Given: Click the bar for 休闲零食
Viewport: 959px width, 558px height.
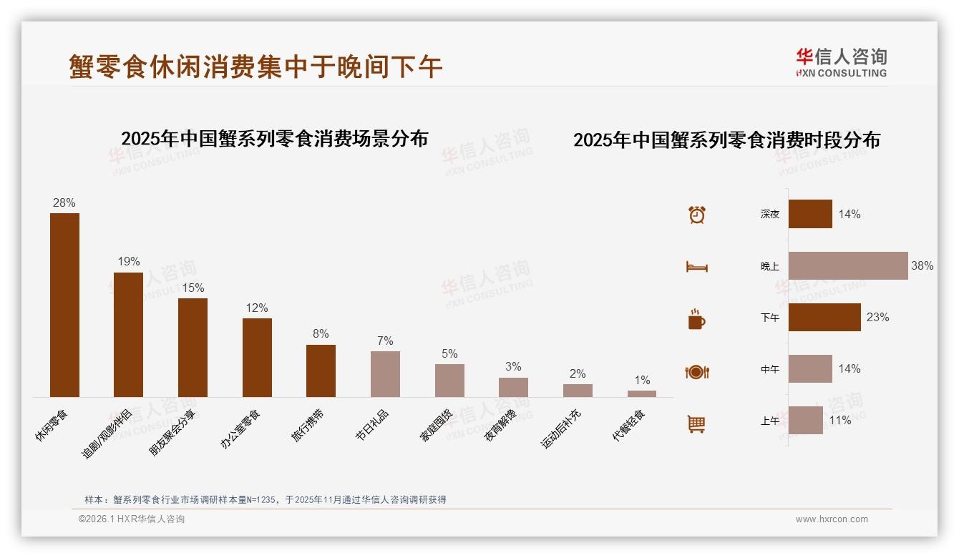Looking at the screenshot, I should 64,305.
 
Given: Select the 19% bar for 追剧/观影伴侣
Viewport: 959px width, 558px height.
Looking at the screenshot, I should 129,334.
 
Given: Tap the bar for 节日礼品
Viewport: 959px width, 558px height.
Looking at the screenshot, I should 385,373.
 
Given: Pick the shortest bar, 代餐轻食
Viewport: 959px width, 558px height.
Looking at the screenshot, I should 642,393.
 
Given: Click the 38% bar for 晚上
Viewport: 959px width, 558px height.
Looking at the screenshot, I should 848,265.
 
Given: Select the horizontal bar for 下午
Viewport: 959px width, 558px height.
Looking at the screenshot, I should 824,317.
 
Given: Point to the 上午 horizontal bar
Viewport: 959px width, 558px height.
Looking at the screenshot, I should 806,421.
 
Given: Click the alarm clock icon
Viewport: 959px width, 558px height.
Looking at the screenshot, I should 697,215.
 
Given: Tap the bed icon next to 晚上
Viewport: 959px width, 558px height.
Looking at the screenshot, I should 697,267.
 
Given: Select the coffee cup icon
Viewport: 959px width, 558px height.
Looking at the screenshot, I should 696,319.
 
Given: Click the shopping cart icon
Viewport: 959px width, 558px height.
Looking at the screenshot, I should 696,424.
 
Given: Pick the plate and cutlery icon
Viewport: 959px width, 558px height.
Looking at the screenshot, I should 697,372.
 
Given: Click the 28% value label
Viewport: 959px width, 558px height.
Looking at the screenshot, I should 64,203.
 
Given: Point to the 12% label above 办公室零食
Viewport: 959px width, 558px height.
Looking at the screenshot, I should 257,308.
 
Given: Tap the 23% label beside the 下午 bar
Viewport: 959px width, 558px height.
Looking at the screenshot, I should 878,317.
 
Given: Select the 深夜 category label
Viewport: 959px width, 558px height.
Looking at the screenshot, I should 770,214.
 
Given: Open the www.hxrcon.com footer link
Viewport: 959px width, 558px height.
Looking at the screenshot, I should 832,519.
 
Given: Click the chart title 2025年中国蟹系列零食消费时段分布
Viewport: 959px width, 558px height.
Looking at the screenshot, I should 726,140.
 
